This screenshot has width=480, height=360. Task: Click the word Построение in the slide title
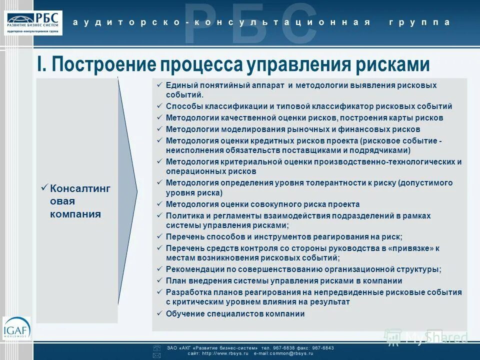coord(100,64)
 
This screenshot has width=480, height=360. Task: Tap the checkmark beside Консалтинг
coord(44,188)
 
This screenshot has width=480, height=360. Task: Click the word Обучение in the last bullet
coord(184,314)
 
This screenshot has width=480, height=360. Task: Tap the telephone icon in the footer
coord(156,347)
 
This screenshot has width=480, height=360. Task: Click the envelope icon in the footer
coord(156,355)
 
